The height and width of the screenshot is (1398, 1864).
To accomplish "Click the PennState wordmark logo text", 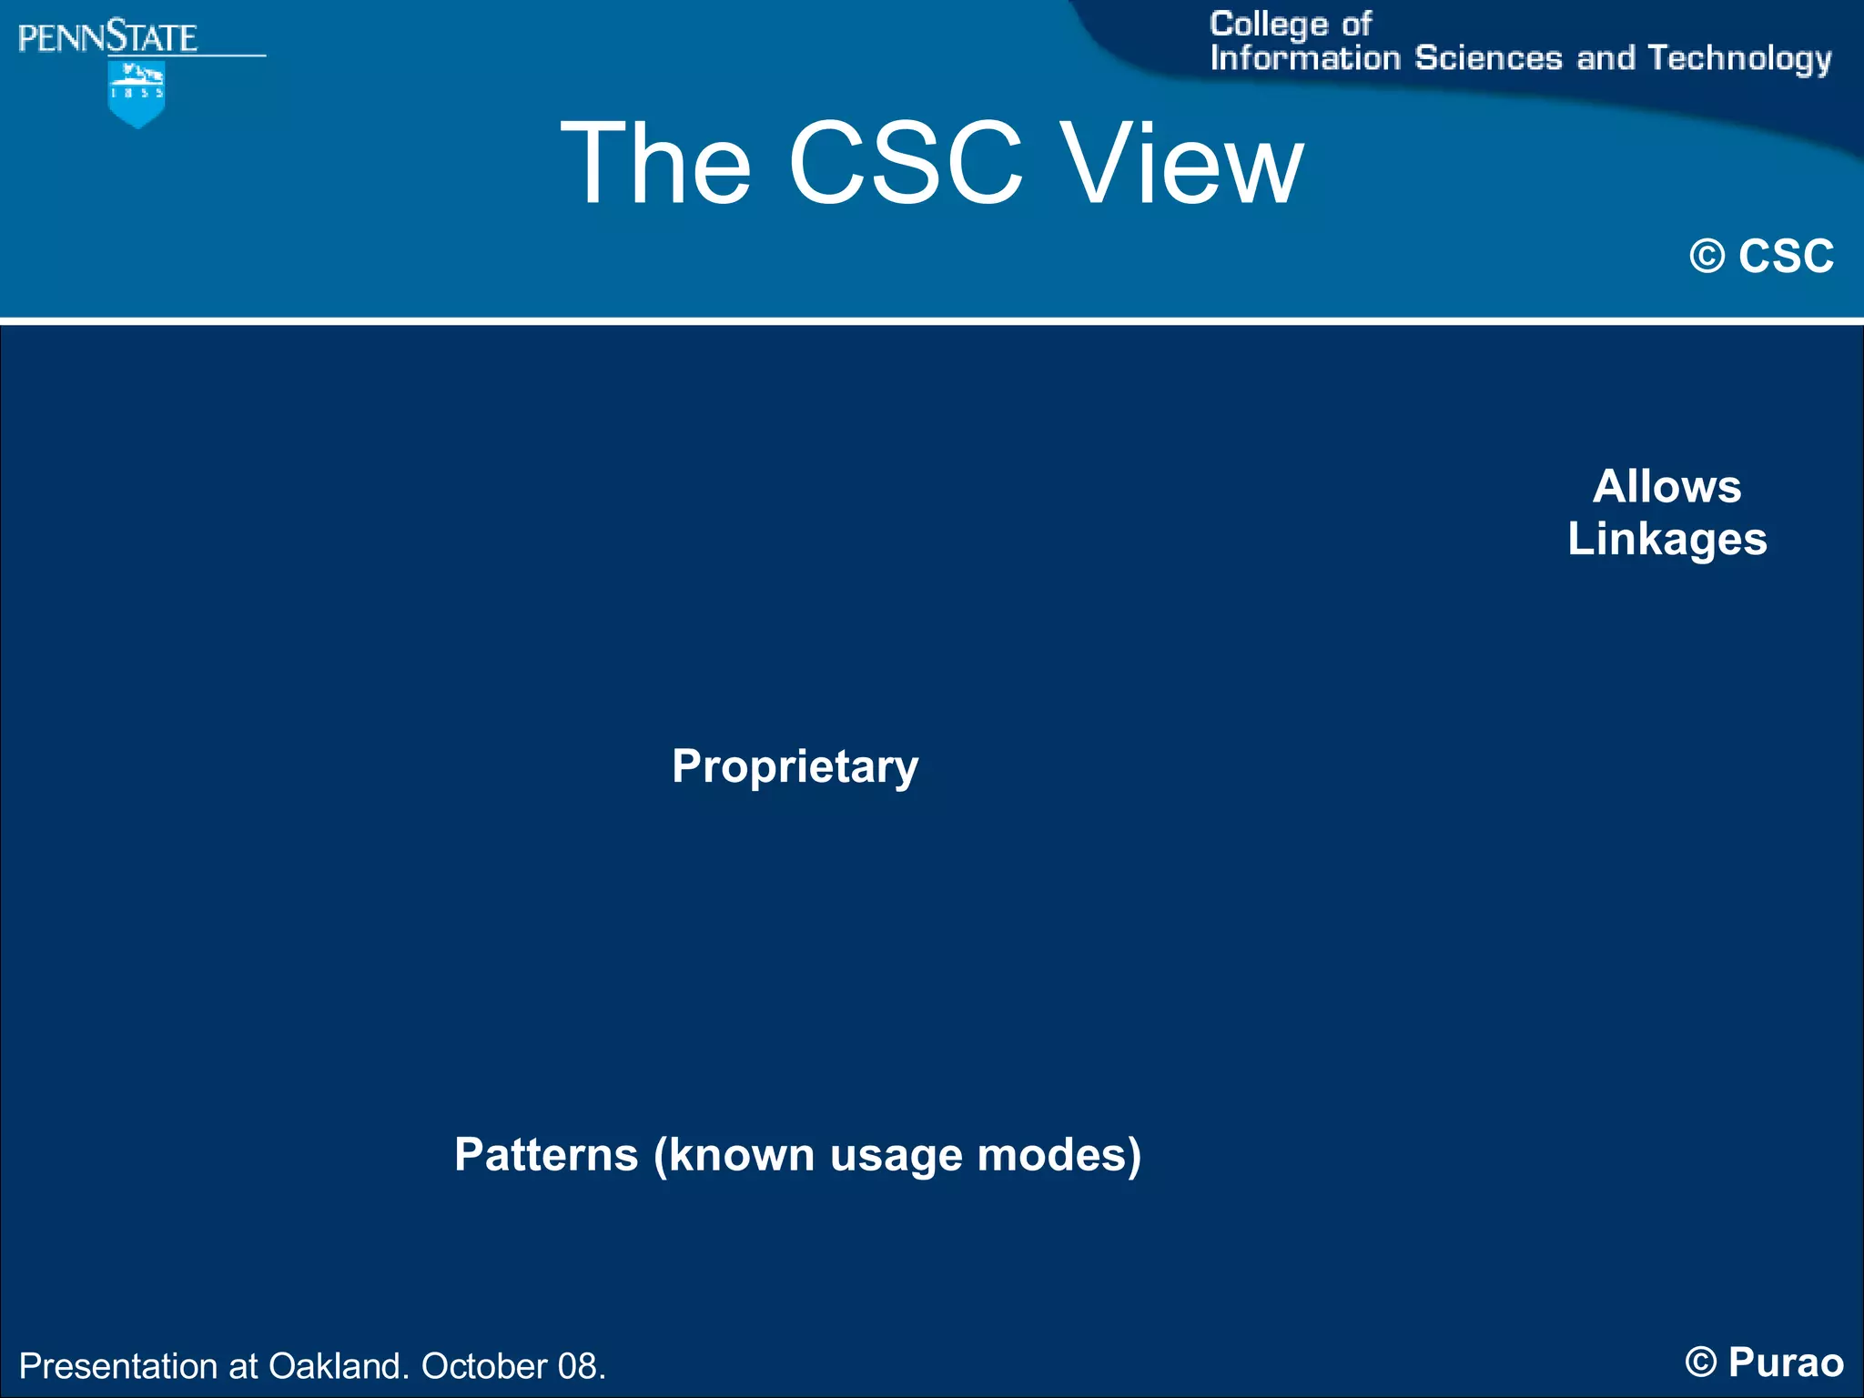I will [107, 38].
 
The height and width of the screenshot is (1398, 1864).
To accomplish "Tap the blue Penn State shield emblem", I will [137, 94].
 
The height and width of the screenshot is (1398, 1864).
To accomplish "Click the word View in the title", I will [1183, 164].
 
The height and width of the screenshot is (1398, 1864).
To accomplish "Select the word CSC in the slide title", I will [906, 164].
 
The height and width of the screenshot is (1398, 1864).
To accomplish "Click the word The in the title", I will [656, 164].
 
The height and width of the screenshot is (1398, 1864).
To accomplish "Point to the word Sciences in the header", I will [1488, 58].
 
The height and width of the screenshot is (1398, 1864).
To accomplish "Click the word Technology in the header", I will [1739, 58].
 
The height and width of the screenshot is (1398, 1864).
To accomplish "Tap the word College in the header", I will [1269, 25].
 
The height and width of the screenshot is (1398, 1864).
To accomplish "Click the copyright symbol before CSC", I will [1707, 257].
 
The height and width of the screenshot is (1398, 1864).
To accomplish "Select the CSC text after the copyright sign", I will [1786, 257].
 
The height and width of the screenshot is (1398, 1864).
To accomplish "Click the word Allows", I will [1666, 486].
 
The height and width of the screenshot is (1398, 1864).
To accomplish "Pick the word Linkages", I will [1666, 539].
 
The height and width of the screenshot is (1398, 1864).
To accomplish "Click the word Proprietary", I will [795, 766].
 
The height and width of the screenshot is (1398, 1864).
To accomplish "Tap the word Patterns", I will [546, 1154].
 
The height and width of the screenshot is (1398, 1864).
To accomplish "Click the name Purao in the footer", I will [1786, 1363].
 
